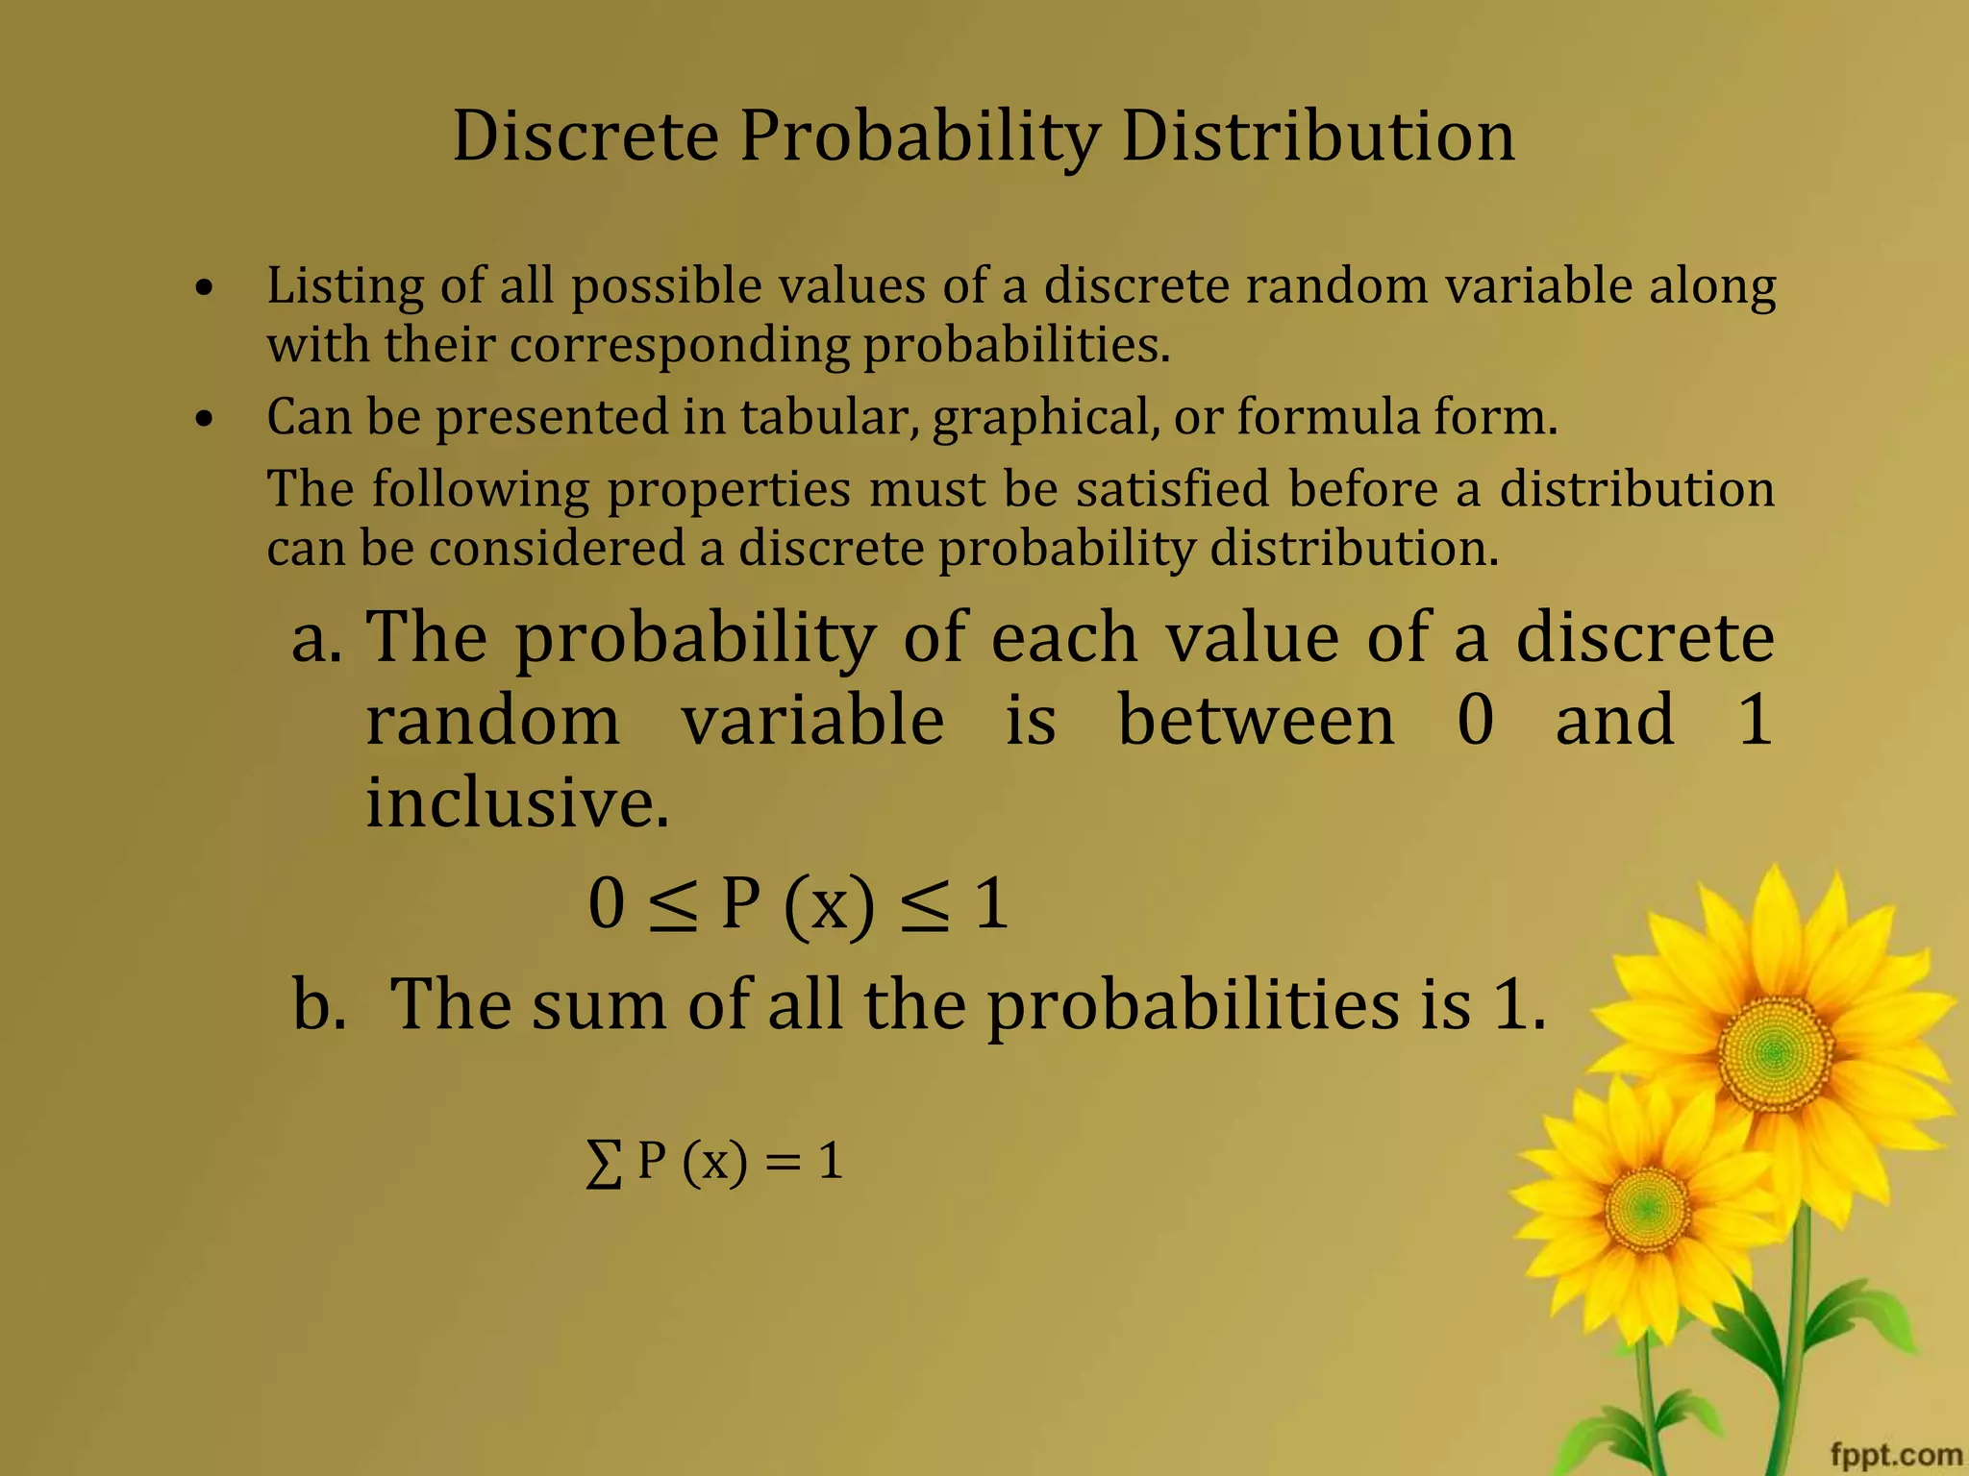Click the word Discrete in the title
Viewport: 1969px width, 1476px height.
click(x=586, y=136)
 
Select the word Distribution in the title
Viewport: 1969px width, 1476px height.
click(x=1318, y=136)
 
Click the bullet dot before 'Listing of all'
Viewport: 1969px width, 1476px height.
click(x=203, y=287)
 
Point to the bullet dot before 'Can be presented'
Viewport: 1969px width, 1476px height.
click(x=203, y=419)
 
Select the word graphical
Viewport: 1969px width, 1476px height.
click(x=1045, y=419)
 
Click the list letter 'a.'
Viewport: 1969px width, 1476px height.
click(x=316, y=638)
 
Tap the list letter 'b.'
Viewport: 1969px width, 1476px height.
click(x=319, y=1004)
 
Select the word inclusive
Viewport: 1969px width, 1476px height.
click(x=517, y=802)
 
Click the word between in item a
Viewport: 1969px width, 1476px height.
click(x=1256, y=720)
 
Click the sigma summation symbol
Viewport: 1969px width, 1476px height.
click(x=603, y=1165)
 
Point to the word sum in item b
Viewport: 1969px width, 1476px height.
click(x=598, y=1005)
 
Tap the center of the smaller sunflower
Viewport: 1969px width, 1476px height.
click(x=1646, y=1205)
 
